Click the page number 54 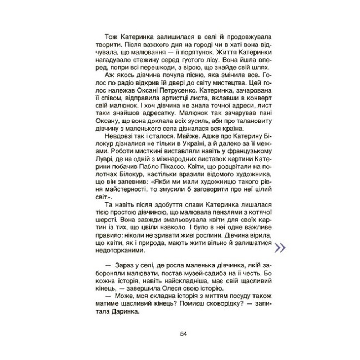[184, 333]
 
